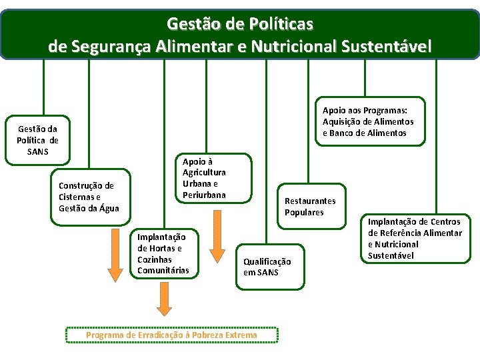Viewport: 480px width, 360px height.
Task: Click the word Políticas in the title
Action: click(280, 24)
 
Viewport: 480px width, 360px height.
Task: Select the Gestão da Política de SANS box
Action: click(37, 140)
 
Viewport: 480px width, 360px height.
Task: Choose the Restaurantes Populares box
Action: click(310, 207)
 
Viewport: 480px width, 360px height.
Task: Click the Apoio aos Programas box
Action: click(368, 121)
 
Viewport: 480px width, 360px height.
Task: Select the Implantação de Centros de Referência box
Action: click(415, 238)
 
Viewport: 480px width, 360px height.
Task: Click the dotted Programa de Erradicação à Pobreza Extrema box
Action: click(171, 335)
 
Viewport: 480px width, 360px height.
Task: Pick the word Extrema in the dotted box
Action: click(239, 335)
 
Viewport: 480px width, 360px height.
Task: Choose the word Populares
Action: click(304, 212)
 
